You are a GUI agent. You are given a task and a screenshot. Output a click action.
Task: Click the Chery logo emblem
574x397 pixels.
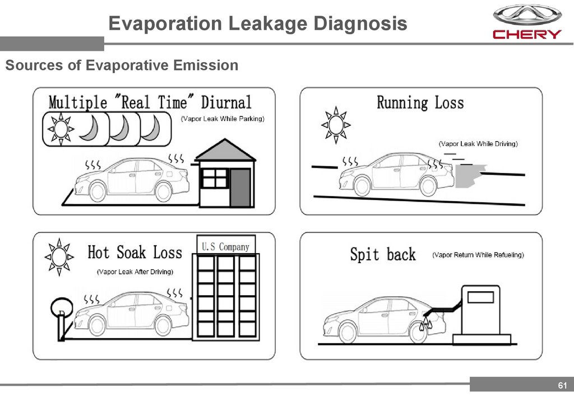[x=526, y=15]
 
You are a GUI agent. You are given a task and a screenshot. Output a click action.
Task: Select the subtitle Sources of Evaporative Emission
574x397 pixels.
[x=122, y=66]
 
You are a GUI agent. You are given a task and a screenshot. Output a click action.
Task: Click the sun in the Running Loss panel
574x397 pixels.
[x=336, y=124]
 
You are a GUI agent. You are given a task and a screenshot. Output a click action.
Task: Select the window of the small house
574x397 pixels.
[x=214, y=179]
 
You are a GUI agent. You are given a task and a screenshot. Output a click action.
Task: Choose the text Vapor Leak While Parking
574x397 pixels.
[x=222, y=119]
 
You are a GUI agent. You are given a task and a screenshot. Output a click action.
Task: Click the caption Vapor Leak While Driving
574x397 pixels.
[x=478, y=144]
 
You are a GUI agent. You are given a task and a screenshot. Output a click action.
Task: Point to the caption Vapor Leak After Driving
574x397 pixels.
[x=135, y=272]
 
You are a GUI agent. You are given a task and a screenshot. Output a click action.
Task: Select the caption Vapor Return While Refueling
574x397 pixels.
[x=478, y=255]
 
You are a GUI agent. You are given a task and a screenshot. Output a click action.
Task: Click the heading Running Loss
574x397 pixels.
[x=420, y=103]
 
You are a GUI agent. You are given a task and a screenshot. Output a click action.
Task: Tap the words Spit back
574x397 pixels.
[x=383, y=255]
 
